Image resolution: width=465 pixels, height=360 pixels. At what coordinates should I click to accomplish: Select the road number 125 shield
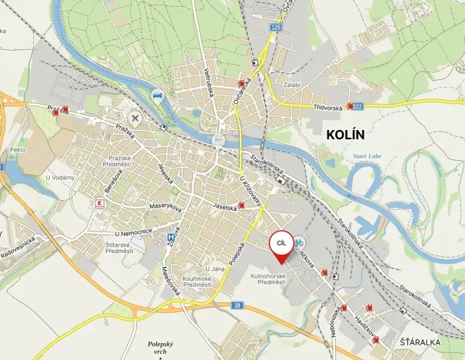point(277,27)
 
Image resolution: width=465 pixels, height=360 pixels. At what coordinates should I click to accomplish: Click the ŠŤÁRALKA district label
point(420,340)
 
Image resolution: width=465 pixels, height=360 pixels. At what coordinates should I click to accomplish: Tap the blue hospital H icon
point(171,238)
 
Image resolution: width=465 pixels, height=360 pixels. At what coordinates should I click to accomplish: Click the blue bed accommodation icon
point(158,95)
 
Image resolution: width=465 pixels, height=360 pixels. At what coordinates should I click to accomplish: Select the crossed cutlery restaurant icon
point(136,118)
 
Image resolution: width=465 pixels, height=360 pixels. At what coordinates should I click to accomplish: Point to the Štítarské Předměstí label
point(119,247)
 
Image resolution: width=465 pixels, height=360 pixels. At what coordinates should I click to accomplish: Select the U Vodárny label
point(59,178)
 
